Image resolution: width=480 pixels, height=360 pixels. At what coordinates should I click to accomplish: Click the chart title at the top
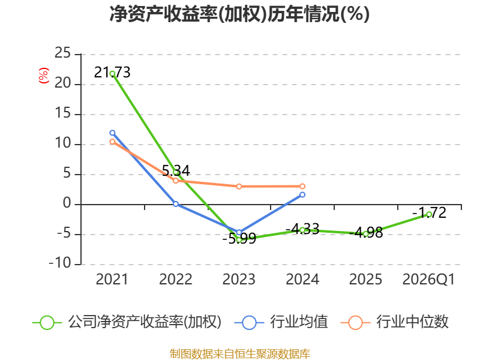pos(239,14)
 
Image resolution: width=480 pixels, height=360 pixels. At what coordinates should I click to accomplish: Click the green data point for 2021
pos(112,74)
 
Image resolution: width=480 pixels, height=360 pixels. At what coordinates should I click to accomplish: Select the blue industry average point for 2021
pos(112,133)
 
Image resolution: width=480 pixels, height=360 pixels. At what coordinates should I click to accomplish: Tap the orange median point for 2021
pos(112,142)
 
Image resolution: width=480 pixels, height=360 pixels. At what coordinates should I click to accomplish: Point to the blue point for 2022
pos(176,204)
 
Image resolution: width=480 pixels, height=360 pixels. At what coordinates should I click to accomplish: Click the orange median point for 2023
pos(239,187)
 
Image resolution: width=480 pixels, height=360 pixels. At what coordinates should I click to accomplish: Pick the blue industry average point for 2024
pos(302,194)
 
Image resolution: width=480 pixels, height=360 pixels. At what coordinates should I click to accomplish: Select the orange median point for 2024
pos(302,186)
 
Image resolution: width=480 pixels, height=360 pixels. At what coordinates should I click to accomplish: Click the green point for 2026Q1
pos(429,214)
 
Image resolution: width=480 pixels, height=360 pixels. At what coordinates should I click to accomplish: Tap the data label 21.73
pos(112,73)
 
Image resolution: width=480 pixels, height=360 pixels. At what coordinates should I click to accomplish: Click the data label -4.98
pos(366,233)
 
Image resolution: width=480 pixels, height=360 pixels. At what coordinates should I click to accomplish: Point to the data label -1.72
pos(429,213)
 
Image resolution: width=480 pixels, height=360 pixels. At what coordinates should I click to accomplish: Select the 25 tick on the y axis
pos(62,53)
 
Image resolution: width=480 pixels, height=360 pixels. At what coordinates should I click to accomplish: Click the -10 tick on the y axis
pos(60,263)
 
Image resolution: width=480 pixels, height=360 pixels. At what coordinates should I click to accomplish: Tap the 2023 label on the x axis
pos(239,279)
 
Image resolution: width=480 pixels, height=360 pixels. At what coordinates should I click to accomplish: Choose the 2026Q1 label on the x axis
pos(428,280)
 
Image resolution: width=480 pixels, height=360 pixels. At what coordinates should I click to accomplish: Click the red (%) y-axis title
pos(43,76)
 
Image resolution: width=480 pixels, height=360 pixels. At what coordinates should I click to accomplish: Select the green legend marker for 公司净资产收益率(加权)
pos(47,323)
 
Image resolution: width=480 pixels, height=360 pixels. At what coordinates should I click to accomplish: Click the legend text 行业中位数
pos(412,322)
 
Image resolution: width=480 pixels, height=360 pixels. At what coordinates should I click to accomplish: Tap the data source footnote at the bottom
pos(240,353)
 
